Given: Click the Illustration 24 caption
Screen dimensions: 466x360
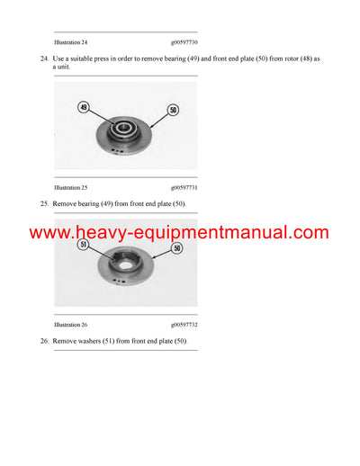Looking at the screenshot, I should tap(71, 42).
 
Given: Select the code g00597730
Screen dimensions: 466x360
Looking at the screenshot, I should tap(184, 42).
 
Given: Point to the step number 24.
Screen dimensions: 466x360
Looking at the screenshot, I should tap(44, 58).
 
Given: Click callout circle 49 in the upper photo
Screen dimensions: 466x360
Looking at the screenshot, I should tap(84, 107).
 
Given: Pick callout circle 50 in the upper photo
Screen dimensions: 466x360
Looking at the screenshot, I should tap(173, 110).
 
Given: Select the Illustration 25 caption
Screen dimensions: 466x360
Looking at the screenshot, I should tap(71, 187).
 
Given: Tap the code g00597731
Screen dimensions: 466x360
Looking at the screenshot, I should tap(184, 187).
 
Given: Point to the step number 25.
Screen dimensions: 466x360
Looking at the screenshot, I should tap(44, 204).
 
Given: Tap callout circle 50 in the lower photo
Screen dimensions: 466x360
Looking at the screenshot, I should tap(175, 247).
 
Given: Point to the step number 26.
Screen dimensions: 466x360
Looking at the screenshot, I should tap(44, 341).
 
